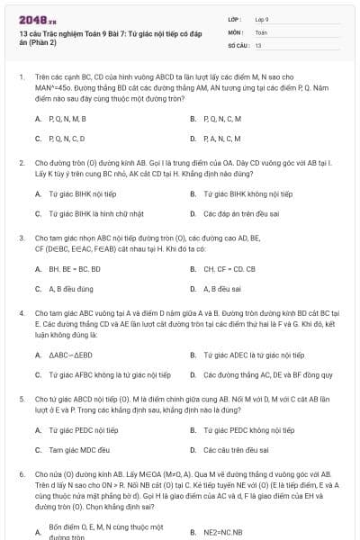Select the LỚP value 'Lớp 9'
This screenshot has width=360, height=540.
[262, 18]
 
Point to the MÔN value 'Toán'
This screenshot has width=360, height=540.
[260, 31]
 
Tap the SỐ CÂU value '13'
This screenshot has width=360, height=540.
[258, 45]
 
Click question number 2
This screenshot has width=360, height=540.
[21, 163]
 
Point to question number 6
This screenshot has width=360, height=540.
[21, 472]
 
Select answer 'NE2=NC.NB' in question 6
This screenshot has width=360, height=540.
[223, 532]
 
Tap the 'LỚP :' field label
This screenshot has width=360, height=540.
[236, 18]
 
